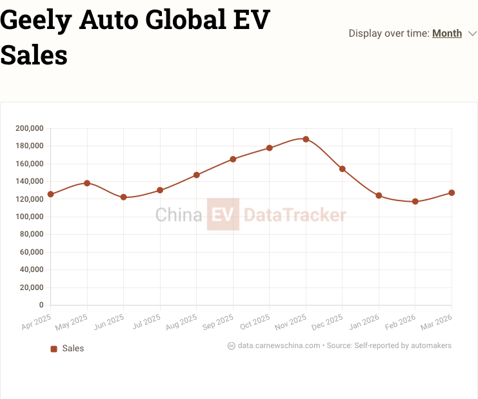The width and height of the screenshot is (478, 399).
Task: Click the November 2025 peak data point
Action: pyautogui.click(x=306, y=139)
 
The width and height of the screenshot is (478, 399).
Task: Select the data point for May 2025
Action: pyautogui.click(x=87, y=183)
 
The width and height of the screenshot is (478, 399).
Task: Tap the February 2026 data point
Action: pyautogui.click(x=415, y=202)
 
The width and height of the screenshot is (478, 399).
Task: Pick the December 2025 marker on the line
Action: pyautogui.click(x=343, y=169)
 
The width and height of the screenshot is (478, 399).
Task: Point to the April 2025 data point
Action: pyautogui.click(x=50, y=194)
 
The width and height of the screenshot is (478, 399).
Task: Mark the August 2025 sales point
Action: pyautogui.click(x=197, y=175)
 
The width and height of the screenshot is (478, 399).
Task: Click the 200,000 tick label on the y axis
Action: pyautogui.click(x=29, y=128)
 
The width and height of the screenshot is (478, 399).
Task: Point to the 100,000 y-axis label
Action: pyautogui.click(x=29, y=217)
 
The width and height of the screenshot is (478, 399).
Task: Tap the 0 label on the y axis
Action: pyautogui.click(x=41, y=305)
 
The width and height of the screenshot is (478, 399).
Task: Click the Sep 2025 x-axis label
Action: pyautogui.click(x=219, y=322)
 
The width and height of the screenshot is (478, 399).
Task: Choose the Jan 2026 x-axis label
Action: pyautogui.click(x=365, y=322)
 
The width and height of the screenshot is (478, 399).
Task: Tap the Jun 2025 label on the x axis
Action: pyautogui.click(x=109, y=322)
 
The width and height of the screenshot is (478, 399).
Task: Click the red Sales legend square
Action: pyautogui.click(x=54, y=349)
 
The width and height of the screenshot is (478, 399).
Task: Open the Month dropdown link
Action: pyautogui.click(x=447, y=34)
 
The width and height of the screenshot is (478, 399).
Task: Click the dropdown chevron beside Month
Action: pyautogui.click(x=473, y=34)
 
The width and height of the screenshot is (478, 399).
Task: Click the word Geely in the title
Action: pyautogui.click(x=35, y=21)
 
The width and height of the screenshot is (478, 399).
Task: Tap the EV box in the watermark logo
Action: pyautogui.click(x=223, y=215)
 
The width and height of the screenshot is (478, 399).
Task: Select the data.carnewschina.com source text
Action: pyautogui.click(x=279, y=345)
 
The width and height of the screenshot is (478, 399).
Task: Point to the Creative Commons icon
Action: pyautogui.click(x=232, y=345)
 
